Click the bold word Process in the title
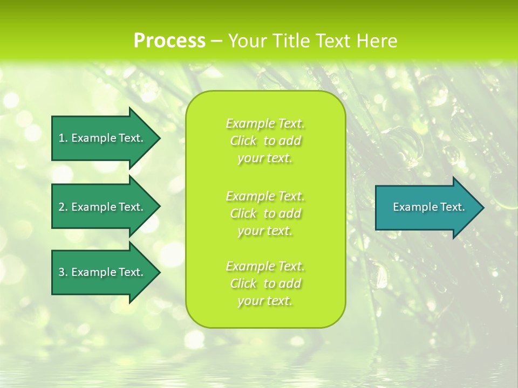pos(169,41)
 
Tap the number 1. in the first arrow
pos(63,138)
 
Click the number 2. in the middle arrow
pos(63,207)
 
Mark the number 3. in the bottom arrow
pos(63,272)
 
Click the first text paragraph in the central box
pos(265,141)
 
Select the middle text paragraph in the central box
pos(265,213)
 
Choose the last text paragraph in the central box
pos(265,283)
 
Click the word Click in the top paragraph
pos(243,141)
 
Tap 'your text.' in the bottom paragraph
pos(265,301)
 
